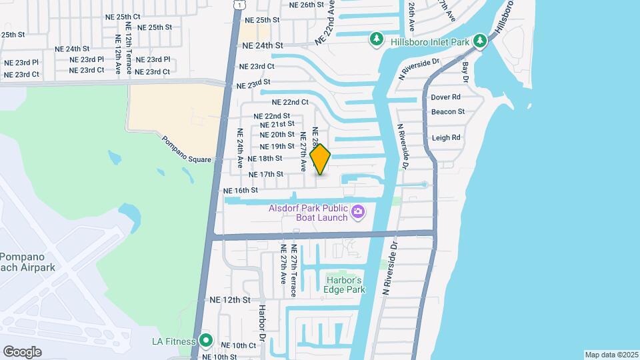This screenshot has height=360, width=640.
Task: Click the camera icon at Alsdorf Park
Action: (x=358, y=212)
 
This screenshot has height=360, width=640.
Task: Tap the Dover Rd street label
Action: (x=446, y=97)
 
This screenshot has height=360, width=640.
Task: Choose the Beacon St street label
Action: (x=447, y=112)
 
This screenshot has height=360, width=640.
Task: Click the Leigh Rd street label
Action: (x=446, y=138)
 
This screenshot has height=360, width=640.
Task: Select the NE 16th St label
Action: (x=241, y=191)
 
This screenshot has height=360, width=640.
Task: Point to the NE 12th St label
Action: (x=229, y=300)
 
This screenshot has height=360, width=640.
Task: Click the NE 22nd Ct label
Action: (x=290, y=103)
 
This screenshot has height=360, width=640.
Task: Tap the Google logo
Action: (x=22, y=351)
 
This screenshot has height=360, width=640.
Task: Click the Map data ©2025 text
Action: (x=611, y=355)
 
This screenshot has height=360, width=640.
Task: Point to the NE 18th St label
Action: (x=265, y=159)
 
